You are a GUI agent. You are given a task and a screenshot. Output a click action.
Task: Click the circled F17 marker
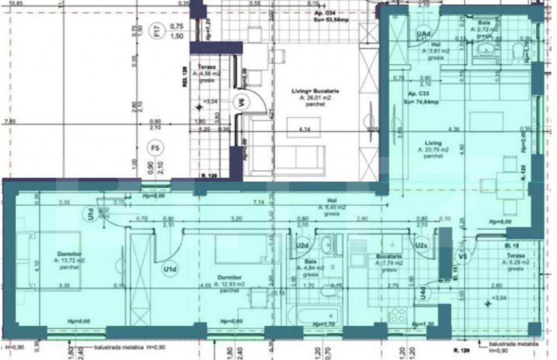[156, 33]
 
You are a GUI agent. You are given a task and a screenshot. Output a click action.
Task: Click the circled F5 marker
[156, 147]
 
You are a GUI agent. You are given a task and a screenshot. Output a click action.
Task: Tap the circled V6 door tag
[238, 101]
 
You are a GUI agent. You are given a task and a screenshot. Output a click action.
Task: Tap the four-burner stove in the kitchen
[396, 314]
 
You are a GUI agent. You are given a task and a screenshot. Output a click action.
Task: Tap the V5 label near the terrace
[463, 256]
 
